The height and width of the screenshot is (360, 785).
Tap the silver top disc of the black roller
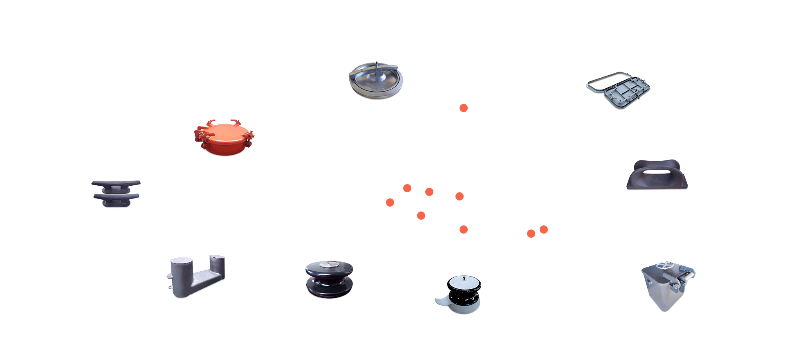330,265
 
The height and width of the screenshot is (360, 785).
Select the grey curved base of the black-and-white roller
444,302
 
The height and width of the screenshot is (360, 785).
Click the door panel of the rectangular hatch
628,92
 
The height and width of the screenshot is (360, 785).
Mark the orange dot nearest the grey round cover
464,108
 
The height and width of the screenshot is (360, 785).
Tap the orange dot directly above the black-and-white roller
464,229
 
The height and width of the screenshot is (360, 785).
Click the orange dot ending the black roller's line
421,216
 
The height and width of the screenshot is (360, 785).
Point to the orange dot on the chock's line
544,229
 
